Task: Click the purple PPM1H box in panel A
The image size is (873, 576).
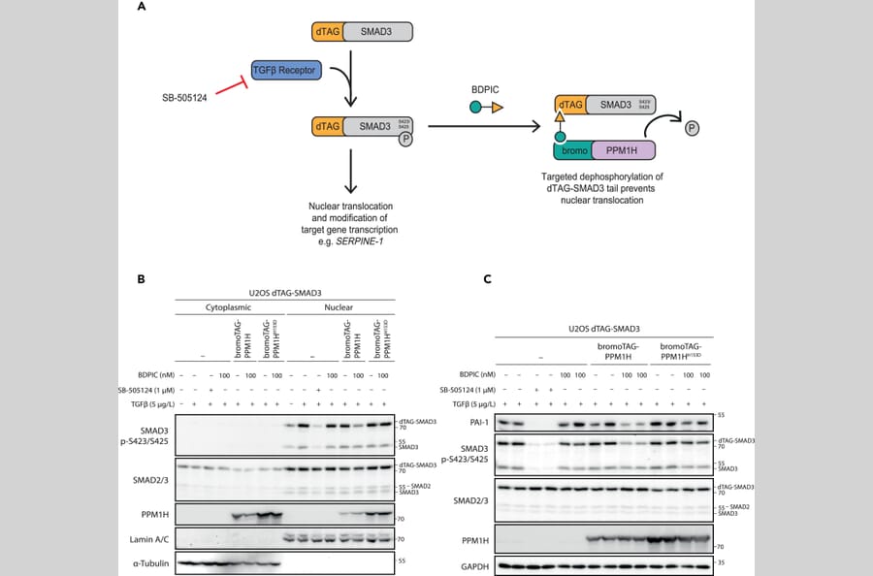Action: coord(618,149)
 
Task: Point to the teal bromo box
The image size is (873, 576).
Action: coord(571,149)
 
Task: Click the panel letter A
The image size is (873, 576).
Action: coord(142,8)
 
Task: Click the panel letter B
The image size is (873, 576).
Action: coord(142,279)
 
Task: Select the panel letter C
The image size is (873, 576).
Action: coord(488,279)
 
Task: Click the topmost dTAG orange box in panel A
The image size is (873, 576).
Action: coord(326,32)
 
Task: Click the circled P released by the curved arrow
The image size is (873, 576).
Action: coord(693,127)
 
